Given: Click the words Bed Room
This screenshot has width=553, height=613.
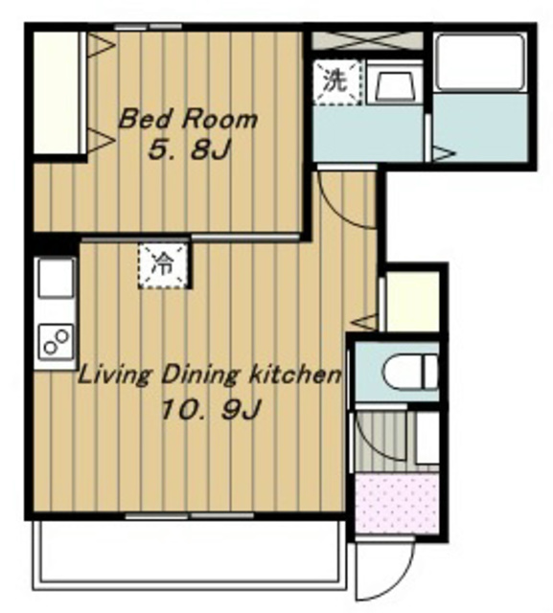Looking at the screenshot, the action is click(188, 119).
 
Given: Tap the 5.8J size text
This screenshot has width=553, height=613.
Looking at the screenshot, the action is click(189, 149).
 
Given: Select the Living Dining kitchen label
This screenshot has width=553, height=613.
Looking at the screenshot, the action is click(210, 375).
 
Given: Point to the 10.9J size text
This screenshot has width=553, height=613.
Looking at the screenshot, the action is click(211, 409).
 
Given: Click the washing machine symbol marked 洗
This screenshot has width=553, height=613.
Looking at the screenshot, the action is click(336, 81).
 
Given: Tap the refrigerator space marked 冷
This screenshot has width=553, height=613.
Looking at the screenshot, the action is click(164, 265).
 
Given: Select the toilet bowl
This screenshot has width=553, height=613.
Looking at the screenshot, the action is click(410, 372).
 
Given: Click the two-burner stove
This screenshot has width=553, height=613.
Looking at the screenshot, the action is click(56, 342).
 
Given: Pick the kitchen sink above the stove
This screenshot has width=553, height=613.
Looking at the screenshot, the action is click(56, 278).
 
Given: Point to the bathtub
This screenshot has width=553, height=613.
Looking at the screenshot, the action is click(481, 62).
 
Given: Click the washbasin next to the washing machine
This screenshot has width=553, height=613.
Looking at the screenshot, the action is click(395, 83).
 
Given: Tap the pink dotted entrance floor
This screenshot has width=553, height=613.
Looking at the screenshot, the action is click(397, 503).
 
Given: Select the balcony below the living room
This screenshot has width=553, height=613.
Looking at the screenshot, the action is click(190, 556).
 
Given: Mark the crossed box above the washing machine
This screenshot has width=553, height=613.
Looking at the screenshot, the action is click(368, 40).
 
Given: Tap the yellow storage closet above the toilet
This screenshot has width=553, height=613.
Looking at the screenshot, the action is click(413, 301).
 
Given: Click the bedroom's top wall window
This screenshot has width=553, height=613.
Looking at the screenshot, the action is click(149, 27).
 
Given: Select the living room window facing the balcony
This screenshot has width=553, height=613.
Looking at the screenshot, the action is click(190, 516).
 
